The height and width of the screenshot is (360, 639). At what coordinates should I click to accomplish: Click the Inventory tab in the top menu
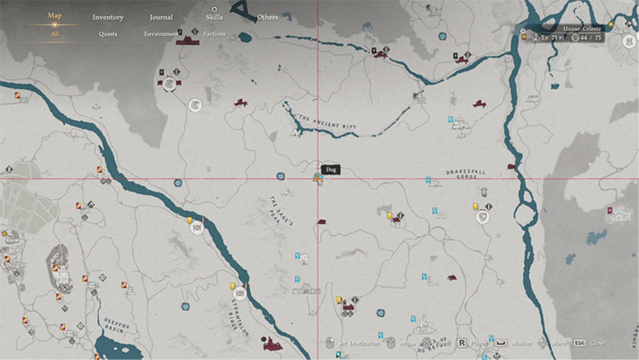pos(108,17)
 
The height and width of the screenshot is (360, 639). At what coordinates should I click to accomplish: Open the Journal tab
pos(161,17)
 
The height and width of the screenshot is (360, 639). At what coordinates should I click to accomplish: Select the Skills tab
pos(214,17)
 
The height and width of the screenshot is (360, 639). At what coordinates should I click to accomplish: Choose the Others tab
pos(268,17)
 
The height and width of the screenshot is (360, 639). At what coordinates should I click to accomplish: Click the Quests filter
pos(108,34)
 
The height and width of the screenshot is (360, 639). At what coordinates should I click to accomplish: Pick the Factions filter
pos(214,34)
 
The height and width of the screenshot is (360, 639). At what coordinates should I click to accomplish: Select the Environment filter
pos(161,34)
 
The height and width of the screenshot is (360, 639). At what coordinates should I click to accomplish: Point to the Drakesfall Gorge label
pos(461,174)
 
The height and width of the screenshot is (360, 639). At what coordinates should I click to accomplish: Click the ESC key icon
pos(580,343)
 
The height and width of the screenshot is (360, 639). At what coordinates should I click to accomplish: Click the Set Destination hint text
pos(360,343)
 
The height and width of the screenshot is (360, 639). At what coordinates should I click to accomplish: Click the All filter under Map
pos(54,34)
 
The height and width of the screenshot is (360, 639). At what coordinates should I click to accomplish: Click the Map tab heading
pos(54,15)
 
